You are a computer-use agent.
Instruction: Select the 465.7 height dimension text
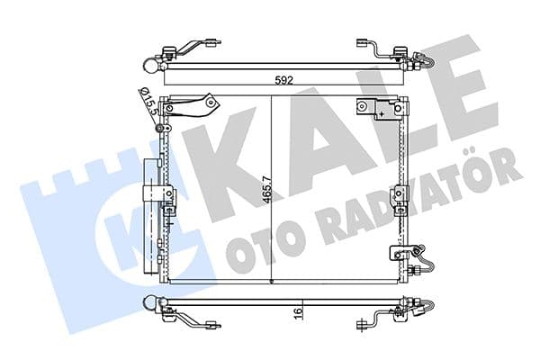point(263,190)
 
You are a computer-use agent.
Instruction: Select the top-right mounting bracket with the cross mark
point(379,109)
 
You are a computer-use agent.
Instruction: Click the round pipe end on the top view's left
point(149,62)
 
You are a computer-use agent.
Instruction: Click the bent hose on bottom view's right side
point(423,310)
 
